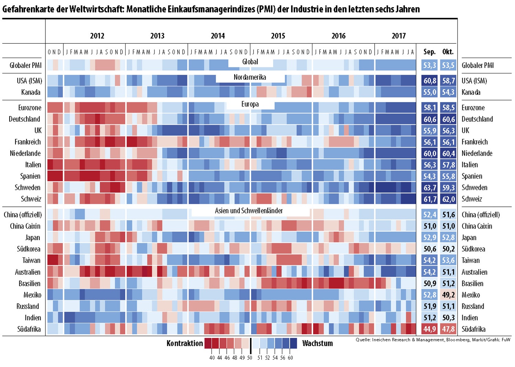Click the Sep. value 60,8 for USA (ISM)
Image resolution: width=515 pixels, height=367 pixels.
tap(430, 81)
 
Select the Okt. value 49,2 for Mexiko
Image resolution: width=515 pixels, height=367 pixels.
tap(448, 295)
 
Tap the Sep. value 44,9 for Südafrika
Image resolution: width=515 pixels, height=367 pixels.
tap(430, 329)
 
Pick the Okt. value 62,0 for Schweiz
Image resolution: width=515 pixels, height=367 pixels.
tap(448, 199)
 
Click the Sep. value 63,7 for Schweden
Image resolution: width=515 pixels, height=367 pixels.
tap(430, 188)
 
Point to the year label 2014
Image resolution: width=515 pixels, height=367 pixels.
tap(217, 36)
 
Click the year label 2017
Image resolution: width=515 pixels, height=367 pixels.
tap(398, 36)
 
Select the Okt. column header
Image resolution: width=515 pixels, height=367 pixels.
tap(448, 52)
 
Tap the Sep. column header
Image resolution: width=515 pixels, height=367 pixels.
tap(429, 52)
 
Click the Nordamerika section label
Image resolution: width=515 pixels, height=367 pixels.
tap(250, 77)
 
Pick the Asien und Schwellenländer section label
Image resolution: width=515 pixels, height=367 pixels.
tap(249, 211)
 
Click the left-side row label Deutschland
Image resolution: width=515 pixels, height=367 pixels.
tap(24, 119)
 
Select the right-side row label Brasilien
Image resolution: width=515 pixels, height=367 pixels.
tap(472, 284)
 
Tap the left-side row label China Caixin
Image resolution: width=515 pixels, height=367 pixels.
tap(25, 226)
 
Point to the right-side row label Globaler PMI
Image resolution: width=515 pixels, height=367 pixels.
tap(478, 65)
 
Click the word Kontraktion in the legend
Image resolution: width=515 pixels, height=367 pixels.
tap(185, 343)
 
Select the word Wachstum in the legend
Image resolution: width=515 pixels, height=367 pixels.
tap(317, 343)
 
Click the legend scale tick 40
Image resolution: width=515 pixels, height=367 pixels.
tap(212, 358)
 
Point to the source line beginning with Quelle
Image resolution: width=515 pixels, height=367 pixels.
tap(433, 340)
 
